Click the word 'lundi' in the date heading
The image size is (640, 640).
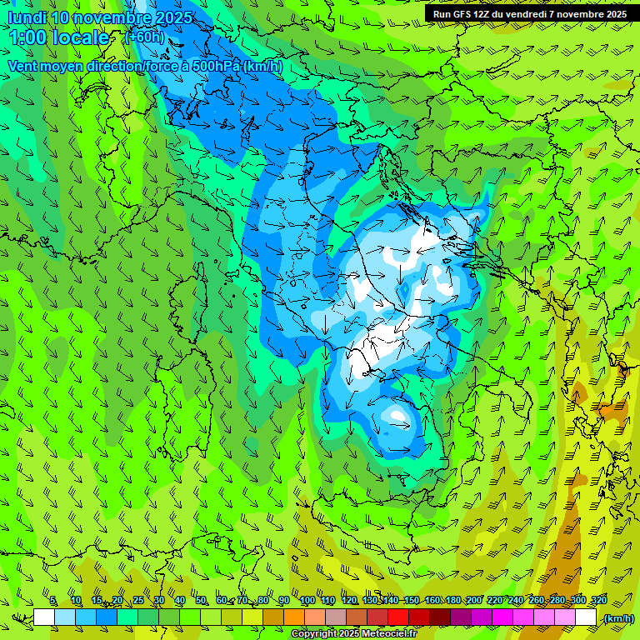(27, 17)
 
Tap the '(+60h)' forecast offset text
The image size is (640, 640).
(143, 37)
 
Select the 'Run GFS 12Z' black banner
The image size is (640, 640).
(529, 14)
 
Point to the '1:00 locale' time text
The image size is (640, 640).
(59, 37)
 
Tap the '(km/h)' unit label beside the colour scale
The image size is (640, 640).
(617, 618)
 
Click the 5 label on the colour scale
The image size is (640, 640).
(53, 601)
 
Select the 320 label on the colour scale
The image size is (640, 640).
(598, 601)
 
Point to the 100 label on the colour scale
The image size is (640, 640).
(307, 601)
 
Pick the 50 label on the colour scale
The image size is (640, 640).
(201, 601)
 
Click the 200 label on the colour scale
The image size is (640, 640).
(474, 601)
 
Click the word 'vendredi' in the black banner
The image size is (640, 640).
(527, 14)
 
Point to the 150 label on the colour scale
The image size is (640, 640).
(411, 601)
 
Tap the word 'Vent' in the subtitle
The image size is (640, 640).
(22, 66)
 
